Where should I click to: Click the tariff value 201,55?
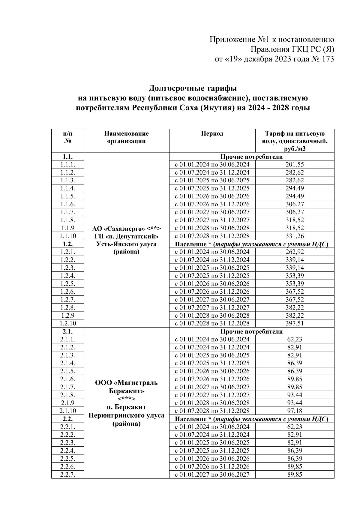[295, 165]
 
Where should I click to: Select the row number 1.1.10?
[68, 236]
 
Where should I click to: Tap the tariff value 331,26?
[295, 236]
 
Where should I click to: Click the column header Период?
[212, 134]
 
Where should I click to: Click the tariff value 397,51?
[295, 323]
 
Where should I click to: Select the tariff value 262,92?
[295, 252]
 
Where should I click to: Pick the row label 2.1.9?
[67, 403]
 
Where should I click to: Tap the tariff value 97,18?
[295, 411]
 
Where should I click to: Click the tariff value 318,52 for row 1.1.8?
[295, 220]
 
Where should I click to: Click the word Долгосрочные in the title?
[172, 88]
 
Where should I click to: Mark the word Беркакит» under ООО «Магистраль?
[126, 391]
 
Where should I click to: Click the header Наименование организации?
[126, 137]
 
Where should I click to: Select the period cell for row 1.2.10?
[212, 323]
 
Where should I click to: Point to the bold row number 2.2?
[68, 419]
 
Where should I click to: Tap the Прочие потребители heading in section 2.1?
[251, 331]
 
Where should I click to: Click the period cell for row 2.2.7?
[212, 475]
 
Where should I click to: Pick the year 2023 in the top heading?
[282, 59]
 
